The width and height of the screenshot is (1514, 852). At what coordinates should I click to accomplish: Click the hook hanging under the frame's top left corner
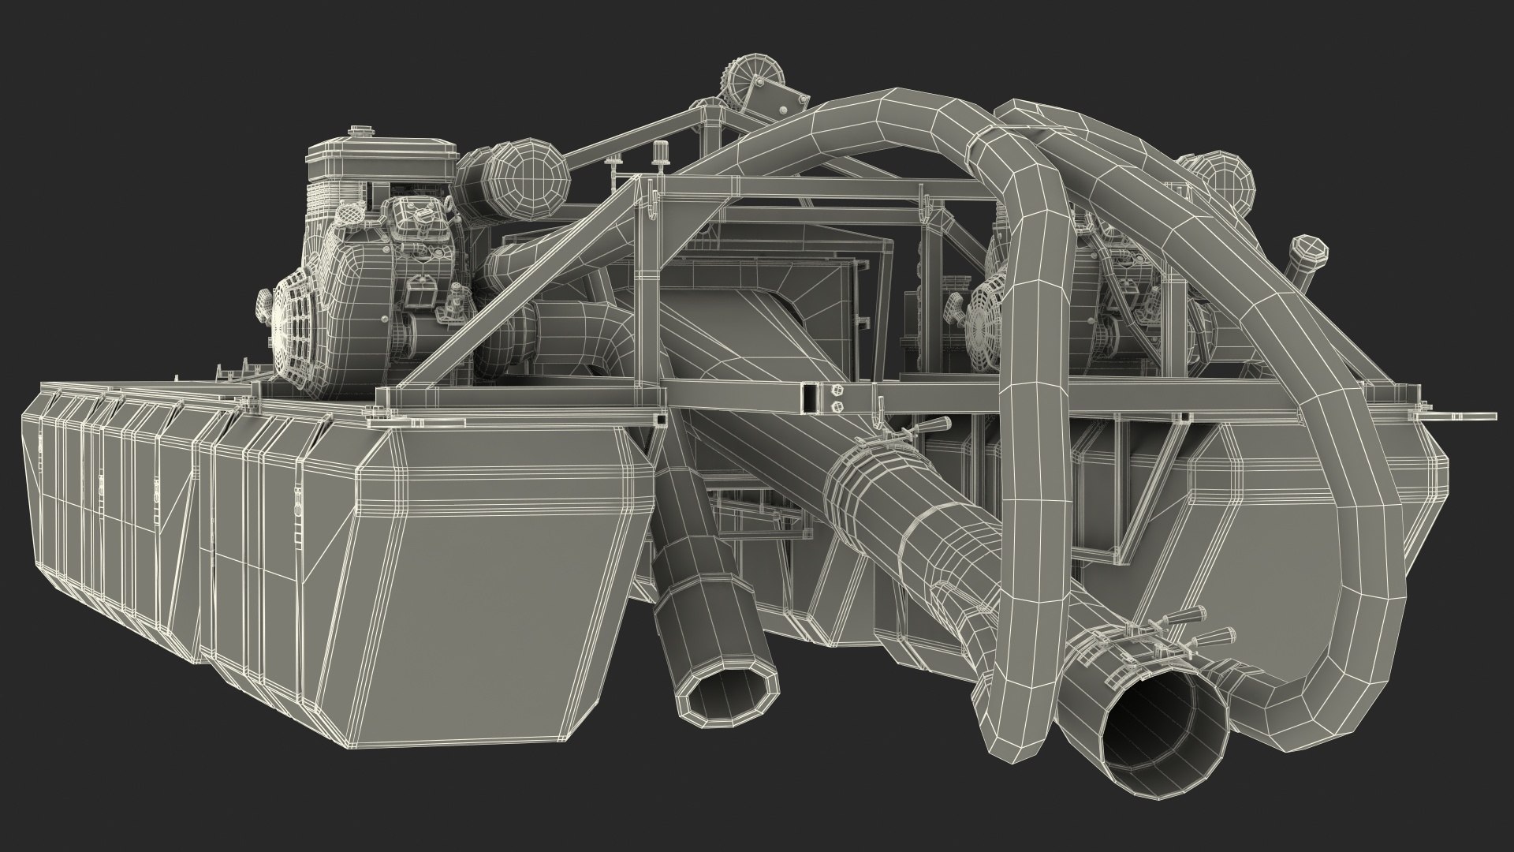(x=651, y=208)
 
